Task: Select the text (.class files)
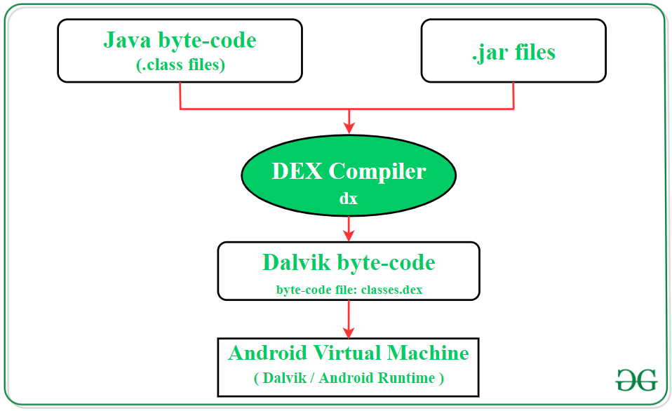tap(180, 65)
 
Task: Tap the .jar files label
tap(513, 52)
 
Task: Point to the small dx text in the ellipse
tap(349, 198)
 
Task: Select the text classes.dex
tap(391, 290)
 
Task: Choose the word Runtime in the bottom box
tap(407, 377)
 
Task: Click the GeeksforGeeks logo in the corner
tap(636, 379)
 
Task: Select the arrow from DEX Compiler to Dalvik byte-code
tap(349, 226)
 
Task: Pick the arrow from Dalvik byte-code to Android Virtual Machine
tap(349, 319)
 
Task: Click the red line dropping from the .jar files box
tap(513, 95)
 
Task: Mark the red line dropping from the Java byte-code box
tap(181, 95)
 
